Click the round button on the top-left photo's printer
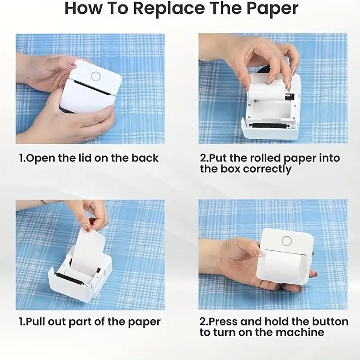96,76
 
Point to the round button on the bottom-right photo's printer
287,240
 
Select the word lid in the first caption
95,158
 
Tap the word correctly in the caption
267,170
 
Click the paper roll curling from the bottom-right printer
284,265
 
